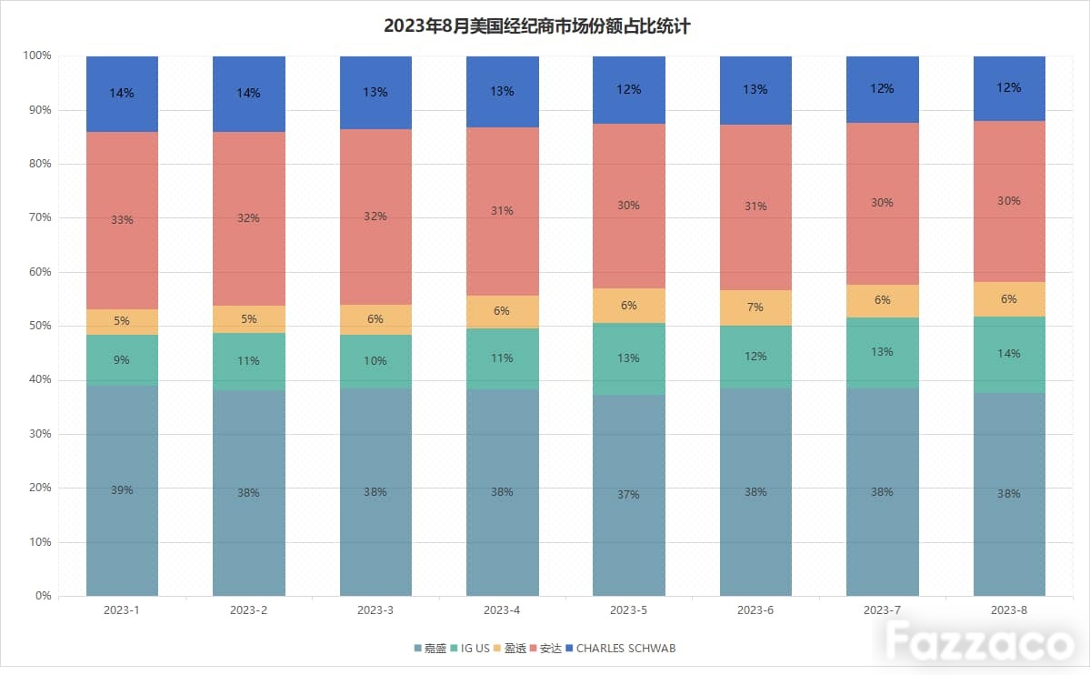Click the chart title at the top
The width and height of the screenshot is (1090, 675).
pos(536,26)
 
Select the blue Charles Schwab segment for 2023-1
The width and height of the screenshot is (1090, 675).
pos(123,94)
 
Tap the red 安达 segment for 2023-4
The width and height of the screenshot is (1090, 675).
pos(503,212)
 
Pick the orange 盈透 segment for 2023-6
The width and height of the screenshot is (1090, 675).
pos(755,307)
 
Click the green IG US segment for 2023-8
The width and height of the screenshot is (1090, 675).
pos(1009,355)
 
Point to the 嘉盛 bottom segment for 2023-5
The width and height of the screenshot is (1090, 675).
pos(629,496)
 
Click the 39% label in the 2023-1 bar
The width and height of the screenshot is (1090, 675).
pos(122,490)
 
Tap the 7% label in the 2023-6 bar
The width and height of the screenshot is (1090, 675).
pos(755,307)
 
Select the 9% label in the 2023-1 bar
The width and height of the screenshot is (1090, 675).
pos(122,359)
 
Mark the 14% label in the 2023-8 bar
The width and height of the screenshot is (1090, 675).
pos(1009,354)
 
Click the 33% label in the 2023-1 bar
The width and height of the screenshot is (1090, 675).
pos(122,220)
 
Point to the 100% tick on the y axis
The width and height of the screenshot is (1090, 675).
pos(37,55)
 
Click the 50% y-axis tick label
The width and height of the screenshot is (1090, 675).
pos(40,326)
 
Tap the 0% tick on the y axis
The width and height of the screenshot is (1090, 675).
pos(43,596)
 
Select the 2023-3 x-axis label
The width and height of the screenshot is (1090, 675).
pos(375,610)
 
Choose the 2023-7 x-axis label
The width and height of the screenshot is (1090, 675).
pos(882,610)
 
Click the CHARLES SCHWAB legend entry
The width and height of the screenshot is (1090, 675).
pos(621,649)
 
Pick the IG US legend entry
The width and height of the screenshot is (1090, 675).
pos(470,649)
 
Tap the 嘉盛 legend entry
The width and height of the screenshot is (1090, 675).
pos(430,649)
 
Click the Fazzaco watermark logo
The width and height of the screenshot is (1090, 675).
pos(979,641)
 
